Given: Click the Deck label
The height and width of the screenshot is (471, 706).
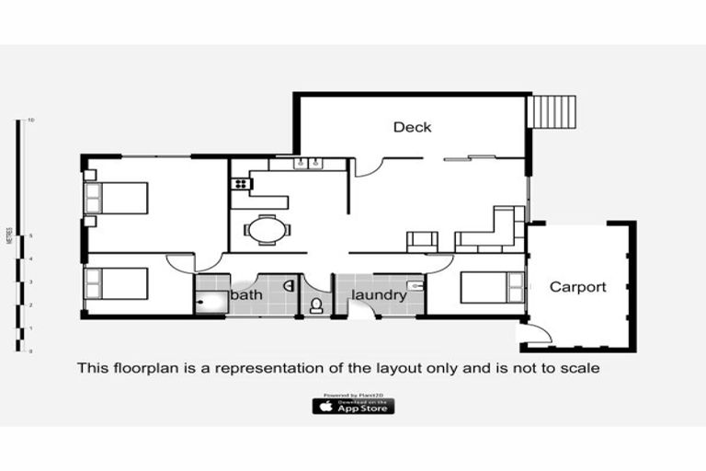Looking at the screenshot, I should (412, 127).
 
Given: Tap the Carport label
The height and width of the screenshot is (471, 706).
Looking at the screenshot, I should (577, 287).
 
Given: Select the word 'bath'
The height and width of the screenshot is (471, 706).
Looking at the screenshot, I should (245, 295).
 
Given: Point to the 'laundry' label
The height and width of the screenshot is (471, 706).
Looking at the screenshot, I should (378, 295).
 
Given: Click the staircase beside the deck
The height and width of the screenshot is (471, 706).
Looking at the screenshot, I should (554, 112).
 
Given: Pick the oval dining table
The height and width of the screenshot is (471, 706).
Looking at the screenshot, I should (267, 227).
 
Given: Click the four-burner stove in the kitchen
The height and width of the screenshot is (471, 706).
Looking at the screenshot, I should (242, 183).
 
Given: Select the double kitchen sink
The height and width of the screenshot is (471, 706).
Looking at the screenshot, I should (306, 165).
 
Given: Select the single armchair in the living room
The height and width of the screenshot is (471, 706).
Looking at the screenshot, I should (422, 240).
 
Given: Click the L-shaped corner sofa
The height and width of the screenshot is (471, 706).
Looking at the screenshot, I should (495, 233).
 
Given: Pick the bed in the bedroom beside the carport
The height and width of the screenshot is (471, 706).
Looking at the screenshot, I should (490, 288).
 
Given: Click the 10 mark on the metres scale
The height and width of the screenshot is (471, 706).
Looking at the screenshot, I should (31, 121).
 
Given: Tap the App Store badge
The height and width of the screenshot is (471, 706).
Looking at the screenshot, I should (353, 406).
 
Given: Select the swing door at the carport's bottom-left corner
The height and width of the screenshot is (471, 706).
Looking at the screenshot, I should (536, 333).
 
